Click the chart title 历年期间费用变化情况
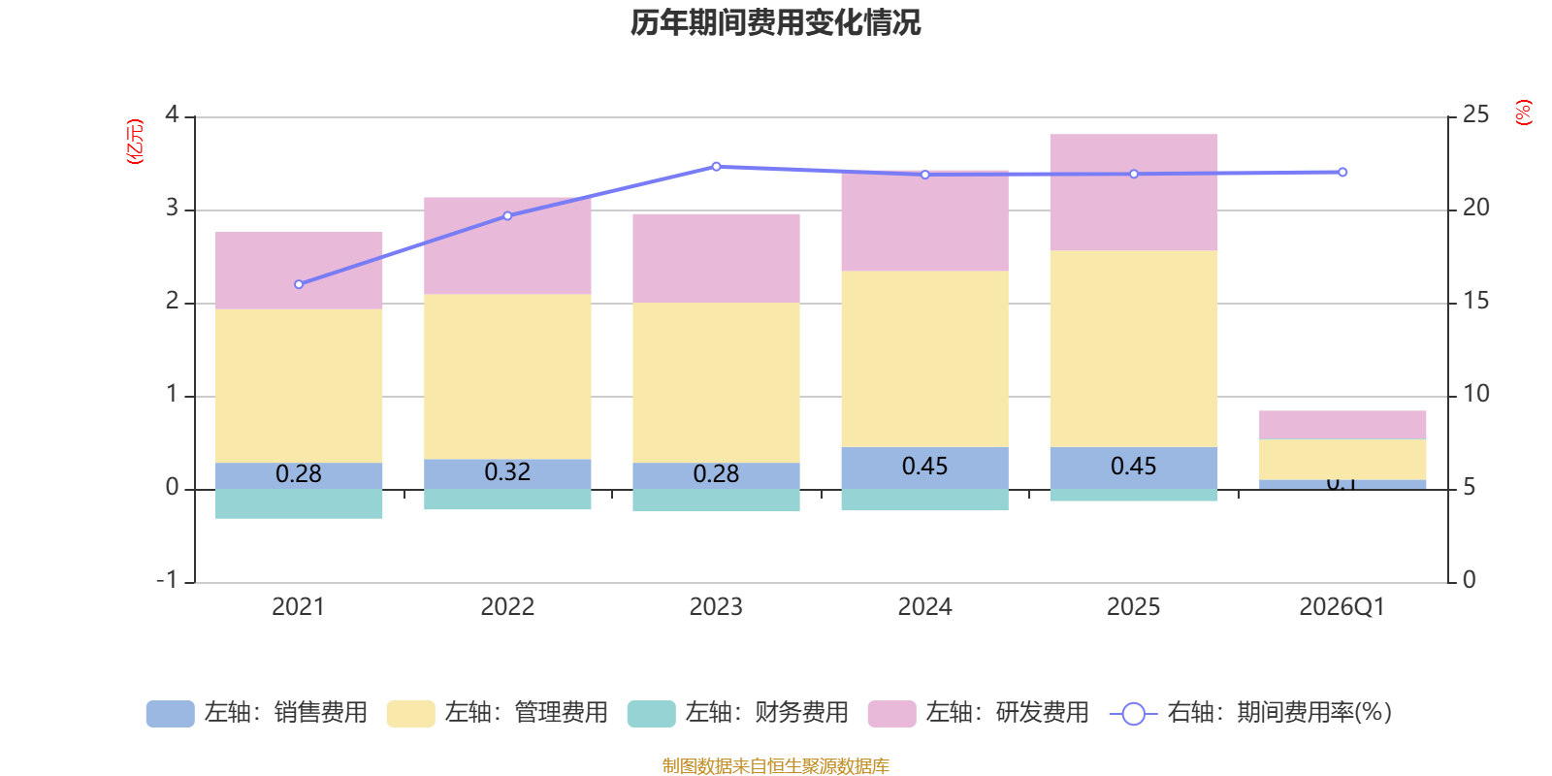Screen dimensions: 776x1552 click(775, 22)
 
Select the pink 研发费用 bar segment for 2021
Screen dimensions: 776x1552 click(299, 271)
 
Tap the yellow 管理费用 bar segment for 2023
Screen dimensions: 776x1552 click(716, 382)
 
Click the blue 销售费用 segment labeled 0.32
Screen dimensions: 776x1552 click(507, 473)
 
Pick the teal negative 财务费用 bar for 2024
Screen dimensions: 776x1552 click(924, 500)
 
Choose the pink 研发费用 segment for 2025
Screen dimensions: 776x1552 click(1133, 192)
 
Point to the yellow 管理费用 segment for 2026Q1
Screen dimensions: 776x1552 click(1342, 459)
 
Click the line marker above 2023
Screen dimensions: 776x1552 click(716, 167)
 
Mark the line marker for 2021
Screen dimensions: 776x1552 click(299, 284)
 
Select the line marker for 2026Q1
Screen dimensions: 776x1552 click(1342, 173)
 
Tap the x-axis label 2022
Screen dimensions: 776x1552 click(507, 607)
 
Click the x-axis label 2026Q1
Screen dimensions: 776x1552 click(1342, 607)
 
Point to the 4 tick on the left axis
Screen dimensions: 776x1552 click(173, 114)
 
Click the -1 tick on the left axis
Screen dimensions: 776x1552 click(168, 580)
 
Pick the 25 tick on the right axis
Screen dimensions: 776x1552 click(1475, 114)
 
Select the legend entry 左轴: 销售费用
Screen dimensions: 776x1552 click(257, 713)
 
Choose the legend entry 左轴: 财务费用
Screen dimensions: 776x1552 click(738, 713)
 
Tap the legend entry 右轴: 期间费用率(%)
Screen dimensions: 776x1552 click(1251, 713)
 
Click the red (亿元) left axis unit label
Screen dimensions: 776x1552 click(135, 142)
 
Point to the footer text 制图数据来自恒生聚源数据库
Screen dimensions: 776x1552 click(775, 766)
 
